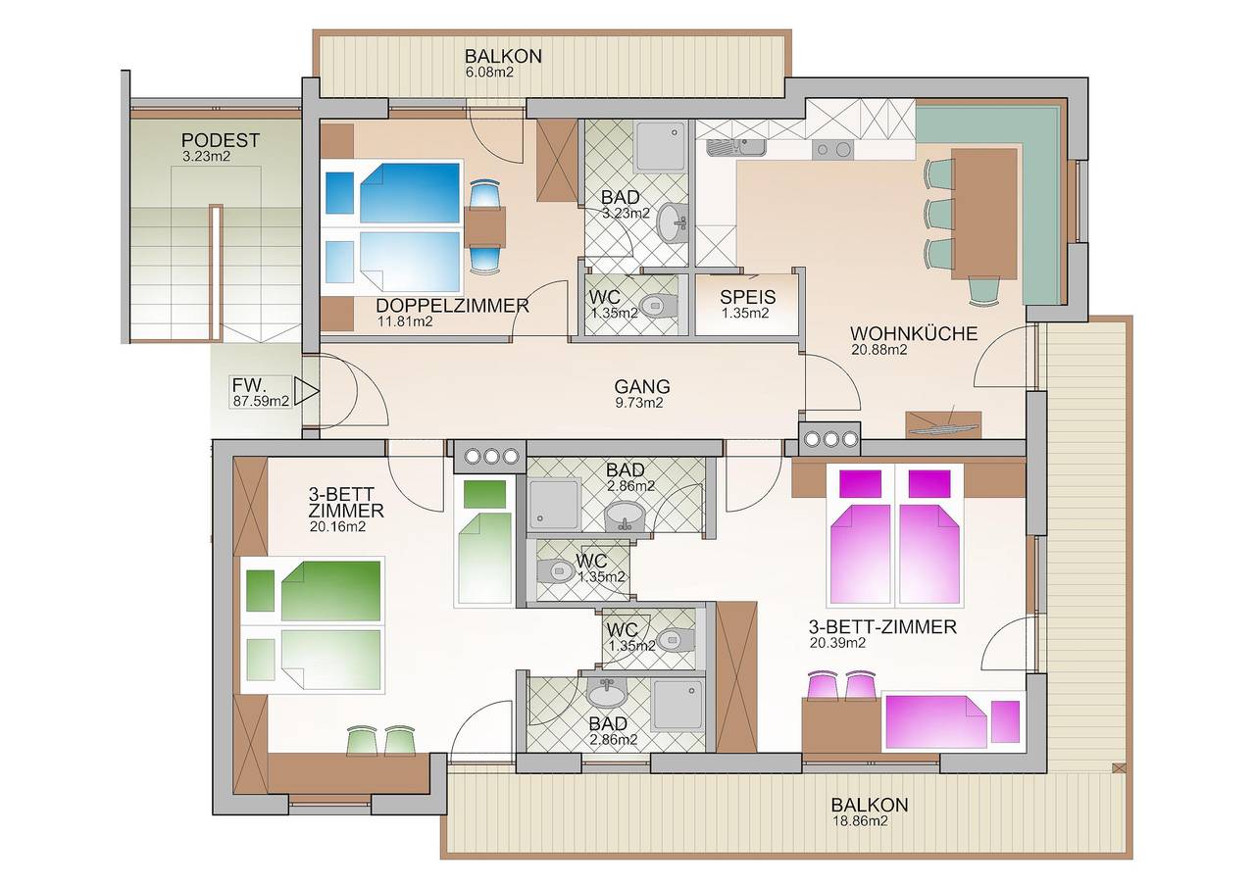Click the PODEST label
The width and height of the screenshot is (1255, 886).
click(x=221, y=140)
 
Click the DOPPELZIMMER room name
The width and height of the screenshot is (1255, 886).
click(x=452, y=306)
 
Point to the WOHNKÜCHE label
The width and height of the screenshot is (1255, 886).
click(x=914, y=333)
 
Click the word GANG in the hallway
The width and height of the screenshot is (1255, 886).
click(x=642, y=386)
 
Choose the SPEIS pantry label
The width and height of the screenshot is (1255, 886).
click(x=747, y=298)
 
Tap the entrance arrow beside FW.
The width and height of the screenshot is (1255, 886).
click(x=308, y=393)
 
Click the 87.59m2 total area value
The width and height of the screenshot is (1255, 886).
click(x=260, y=400)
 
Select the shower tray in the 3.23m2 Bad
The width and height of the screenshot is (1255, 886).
click(x=663, y=146)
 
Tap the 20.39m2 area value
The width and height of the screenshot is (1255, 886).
click(x=837, y=643)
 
